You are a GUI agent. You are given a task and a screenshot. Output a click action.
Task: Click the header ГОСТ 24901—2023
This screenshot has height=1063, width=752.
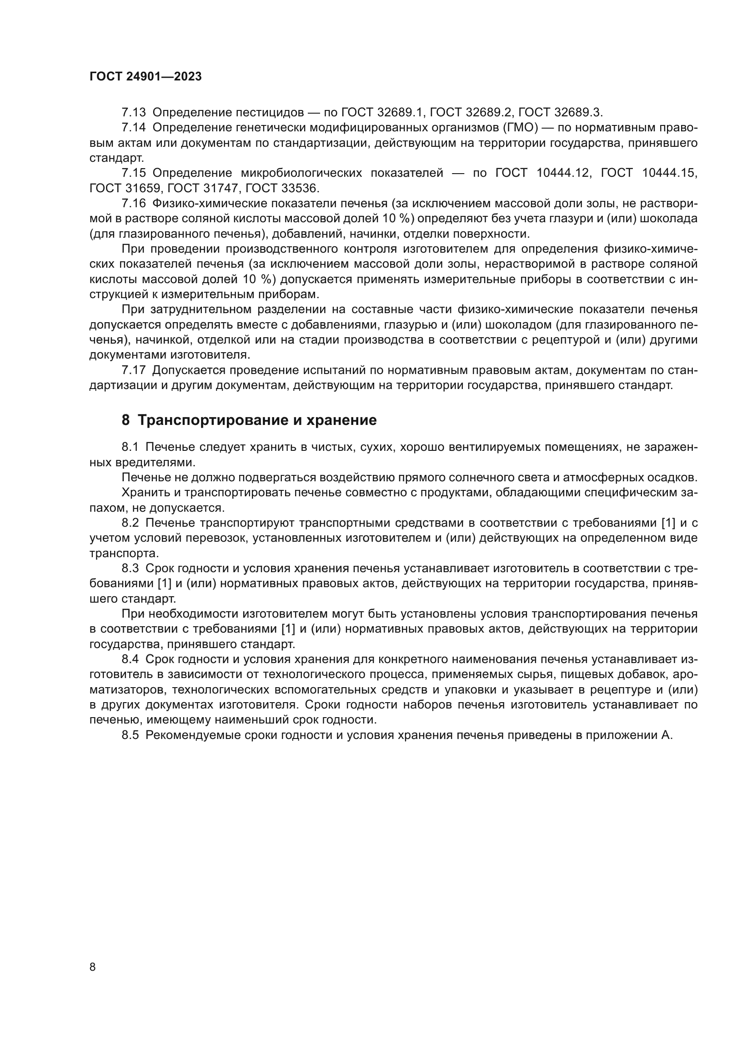(x=145, y=76)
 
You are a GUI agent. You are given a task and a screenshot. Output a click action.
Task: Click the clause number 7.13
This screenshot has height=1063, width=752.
(x=133, y=113)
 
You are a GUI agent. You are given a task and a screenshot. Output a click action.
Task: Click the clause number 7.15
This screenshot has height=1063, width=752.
(x=133, y=173)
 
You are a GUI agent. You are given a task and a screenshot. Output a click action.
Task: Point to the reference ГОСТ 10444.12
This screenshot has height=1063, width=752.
(x=543, y=173)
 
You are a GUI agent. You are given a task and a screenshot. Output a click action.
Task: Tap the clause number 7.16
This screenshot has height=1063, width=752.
(x=133, y=204)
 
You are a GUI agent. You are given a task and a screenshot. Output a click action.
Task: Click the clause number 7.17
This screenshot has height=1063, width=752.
(x=133, y=370)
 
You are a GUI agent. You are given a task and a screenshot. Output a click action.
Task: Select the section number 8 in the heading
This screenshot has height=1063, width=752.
(x=126, y=420)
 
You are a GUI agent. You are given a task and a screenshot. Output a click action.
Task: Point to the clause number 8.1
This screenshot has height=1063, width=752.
(x=130, y=447)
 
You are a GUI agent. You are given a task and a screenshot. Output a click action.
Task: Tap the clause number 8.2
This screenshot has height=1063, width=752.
(x=130, y=523)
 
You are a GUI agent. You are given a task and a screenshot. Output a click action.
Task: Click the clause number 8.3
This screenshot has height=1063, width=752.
(x=130, y=569)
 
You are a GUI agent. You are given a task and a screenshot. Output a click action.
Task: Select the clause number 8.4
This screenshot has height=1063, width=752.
(x=130, y=659)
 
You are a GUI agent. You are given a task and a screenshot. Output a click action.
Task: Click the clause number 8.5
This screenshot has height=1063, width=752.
(x=130, y=735)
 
